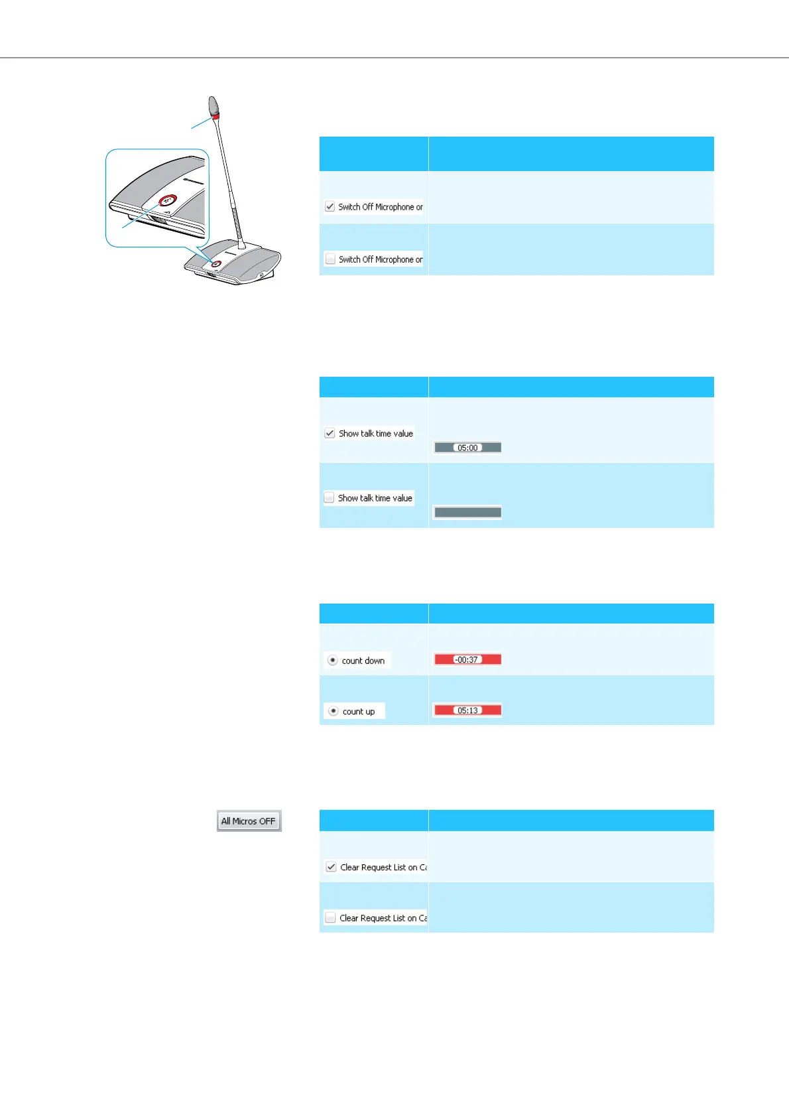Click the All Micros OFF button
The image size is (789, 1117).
[249, 821]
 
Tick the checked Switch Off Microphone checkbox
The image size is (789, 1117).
[330, 207]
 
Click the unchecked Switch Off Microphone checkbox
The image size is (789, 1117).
[330, 259]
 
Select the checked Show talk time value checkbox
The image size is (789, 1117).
[330, 433]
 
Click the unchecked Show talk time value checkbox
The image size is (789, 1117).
[329, 497]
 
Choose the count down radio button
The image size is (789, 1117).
[333, 661]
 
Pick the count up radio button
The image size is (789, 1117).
[334, 711]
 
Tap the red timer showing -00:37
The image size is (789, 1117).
[467, 659]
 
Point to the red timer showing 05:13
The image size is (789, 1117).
[467, 710]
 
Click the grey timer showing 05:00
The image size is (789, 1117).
[467, 448]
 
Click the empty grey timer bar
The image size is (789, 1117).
[467, 512]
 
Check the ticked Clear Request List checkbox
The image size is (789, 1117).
[331, 867]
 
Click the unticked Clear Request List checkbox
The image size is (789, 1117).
[330, 918]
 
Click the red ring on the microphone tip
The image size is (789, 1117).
[215, 116]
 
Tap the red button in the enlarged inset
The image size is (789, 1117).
[168, 200]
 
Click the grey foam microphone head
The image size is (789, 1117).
[213, 105]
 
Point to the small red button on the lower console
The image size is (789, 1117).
[216, 263]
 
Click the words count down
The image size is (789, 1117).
[363, 661]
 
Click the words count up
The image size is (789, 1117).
[359, 711]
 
